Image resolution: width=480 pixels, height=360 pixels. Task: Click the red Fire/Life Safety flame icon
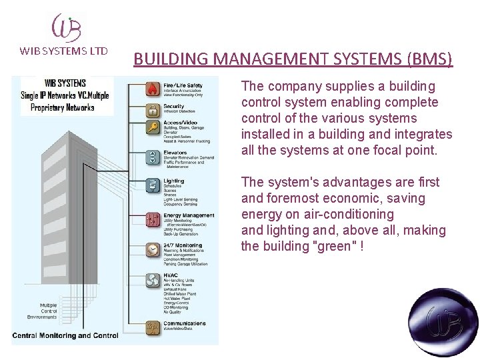tap(153, 88)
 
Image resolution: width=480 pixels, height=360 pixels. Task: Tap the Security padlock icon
tap(153, 109)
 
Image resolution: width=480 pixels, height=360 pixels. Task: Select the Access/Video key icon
tap(153, 128)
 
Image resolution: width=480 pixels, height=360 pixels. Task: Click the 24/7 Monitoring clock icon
tap(153, 248)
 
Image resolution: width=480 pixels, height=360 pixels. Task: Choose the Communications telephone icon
tap(153, 326)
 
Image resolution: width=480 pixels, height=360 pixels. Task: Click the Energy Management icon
tap(153, 219)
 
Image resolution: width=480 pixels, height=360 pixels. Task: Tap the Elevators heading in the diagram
tap(175, 153)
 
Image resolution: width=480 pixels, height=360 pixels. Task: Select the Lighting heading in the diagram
tap(173, 181)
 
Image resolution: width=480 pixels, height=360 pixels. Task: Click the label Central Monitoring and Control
tap(65, 335)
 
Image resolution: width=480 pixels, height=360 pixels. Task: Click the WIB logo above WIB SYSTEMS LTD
tap(67, 27)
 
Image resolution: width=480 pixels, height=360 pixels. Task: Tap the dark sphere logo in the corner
tap(443, 323)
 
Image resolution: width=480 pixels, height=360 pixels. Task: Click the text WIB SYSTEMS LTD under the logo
tap(64, 51)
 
